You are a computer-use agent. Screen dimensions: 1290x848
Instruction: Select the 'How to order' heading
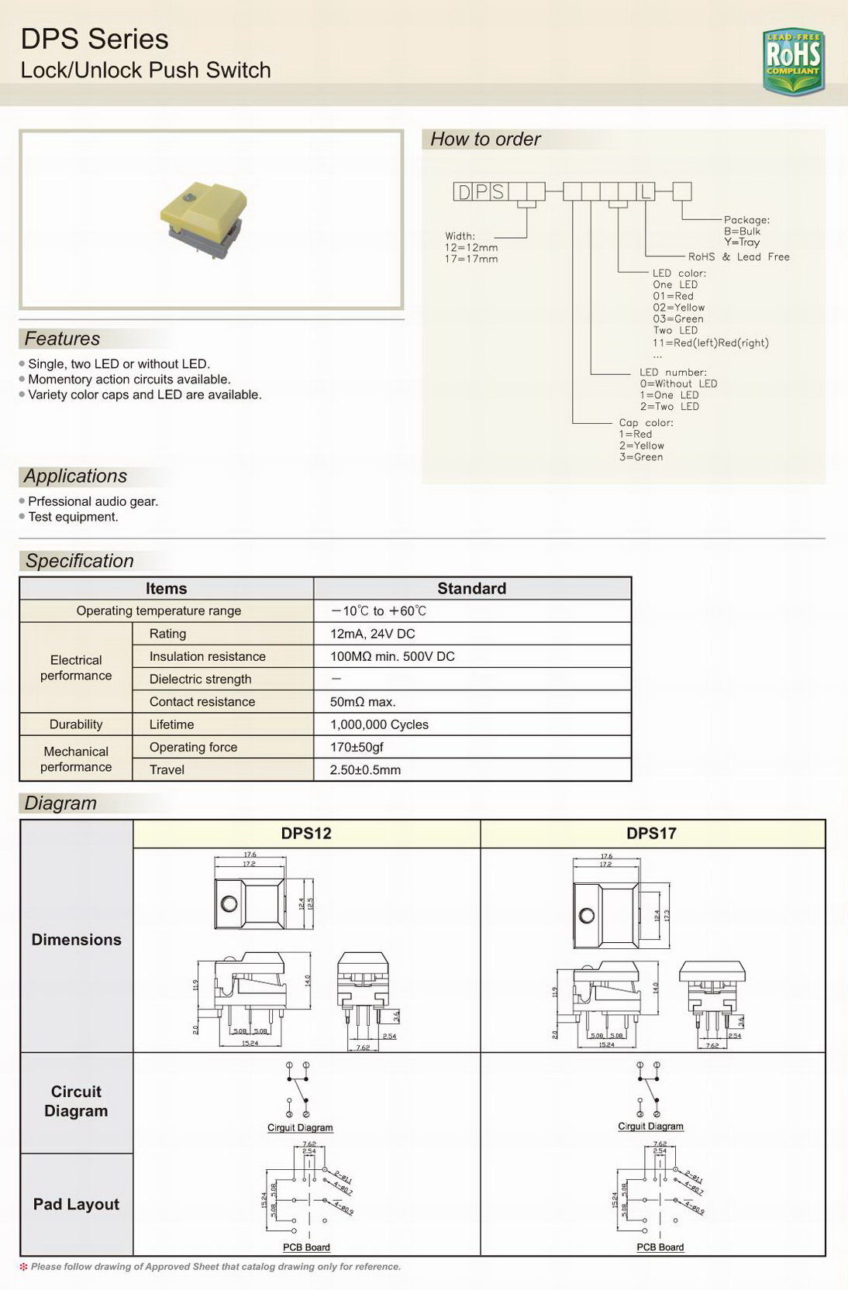pos(485,139)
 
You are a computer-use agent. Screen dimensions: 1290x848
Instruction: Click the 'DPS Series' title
pos(94,39)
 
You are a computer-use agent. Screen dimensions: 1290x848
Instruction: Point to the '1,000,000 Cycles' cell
pos(379,724)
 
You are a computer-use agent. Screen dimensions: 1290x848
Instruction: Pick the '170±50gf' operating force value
pos(357,747)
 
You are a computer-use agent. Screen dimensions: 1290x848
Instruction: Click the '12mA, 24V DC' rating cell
pos(372,634)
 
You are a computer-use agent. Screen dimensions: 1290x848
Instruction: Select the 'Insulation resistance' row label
pos(207,656)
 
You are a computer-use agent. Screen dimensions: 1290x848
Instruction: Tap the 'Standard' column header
pos(471,588)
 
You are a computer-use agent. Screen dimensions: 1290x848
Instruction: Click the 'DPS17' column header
pos(651,834)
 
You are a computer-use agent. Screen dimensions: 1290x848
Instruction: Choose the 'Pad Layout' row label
pos(76,1204)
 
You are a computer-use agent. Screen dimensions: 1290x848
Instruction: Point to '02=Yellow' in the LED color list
pos(678,308)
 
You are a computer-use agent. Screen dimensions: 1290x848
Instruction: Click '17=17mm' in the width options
pos(471,259)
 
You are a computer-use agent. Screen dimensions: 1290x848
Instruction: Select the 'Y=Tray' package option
pos(742,242)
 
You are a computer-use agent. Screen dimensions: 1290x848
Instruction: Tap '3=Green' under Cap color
pos(640,457)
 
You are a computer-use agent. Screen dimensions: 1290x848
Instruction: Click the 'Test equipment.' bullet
pos(73,517)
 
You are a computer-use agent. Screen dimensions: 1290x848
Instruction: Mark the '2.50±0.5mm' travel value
pos(365,770)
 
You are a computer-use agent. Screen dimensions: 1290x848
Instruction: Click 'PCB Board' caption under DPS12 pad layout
pos(306,1247)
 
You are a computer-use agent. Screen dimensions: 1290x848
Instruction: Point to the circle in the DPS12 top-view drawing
pos(229,903)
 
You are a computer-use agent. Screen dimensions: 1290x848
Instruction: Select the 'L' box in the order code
pos(646,191)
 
